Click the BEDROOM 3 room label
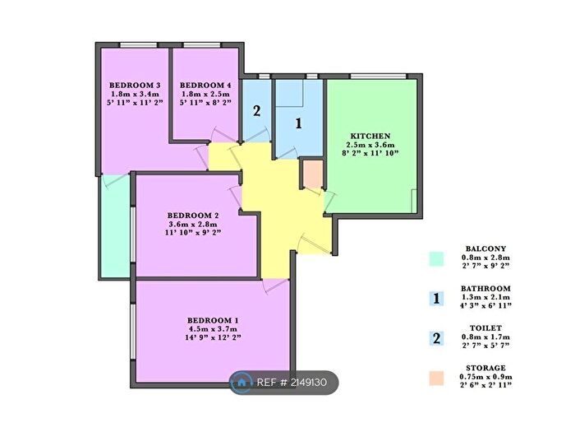point(134,86)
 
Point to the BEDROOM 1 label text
point(213,320)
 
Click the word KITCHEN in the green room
point(370,136)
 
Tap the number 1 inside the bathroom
point(299,123)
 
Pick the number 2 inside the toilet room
point(256,112)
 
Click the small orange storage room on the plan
point(313,175)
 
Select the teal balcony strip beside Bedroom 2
point(116,226)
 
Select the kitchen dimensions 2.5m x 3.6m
point(370,145)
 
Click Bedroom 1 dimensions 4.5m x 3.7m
point(213,329)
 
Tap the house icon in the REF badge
point(242,381)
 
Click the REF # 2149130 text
point(292,381)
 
